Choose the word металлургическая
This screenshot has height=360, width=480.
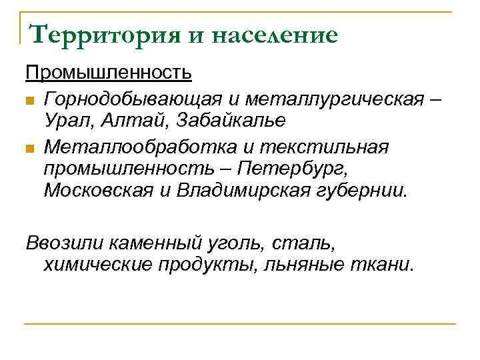[x=334, y=99]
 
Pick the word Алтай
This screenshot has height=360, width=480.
[x=131, y=121]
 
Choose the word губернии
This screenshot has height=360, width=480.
[x=368, y=191]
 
